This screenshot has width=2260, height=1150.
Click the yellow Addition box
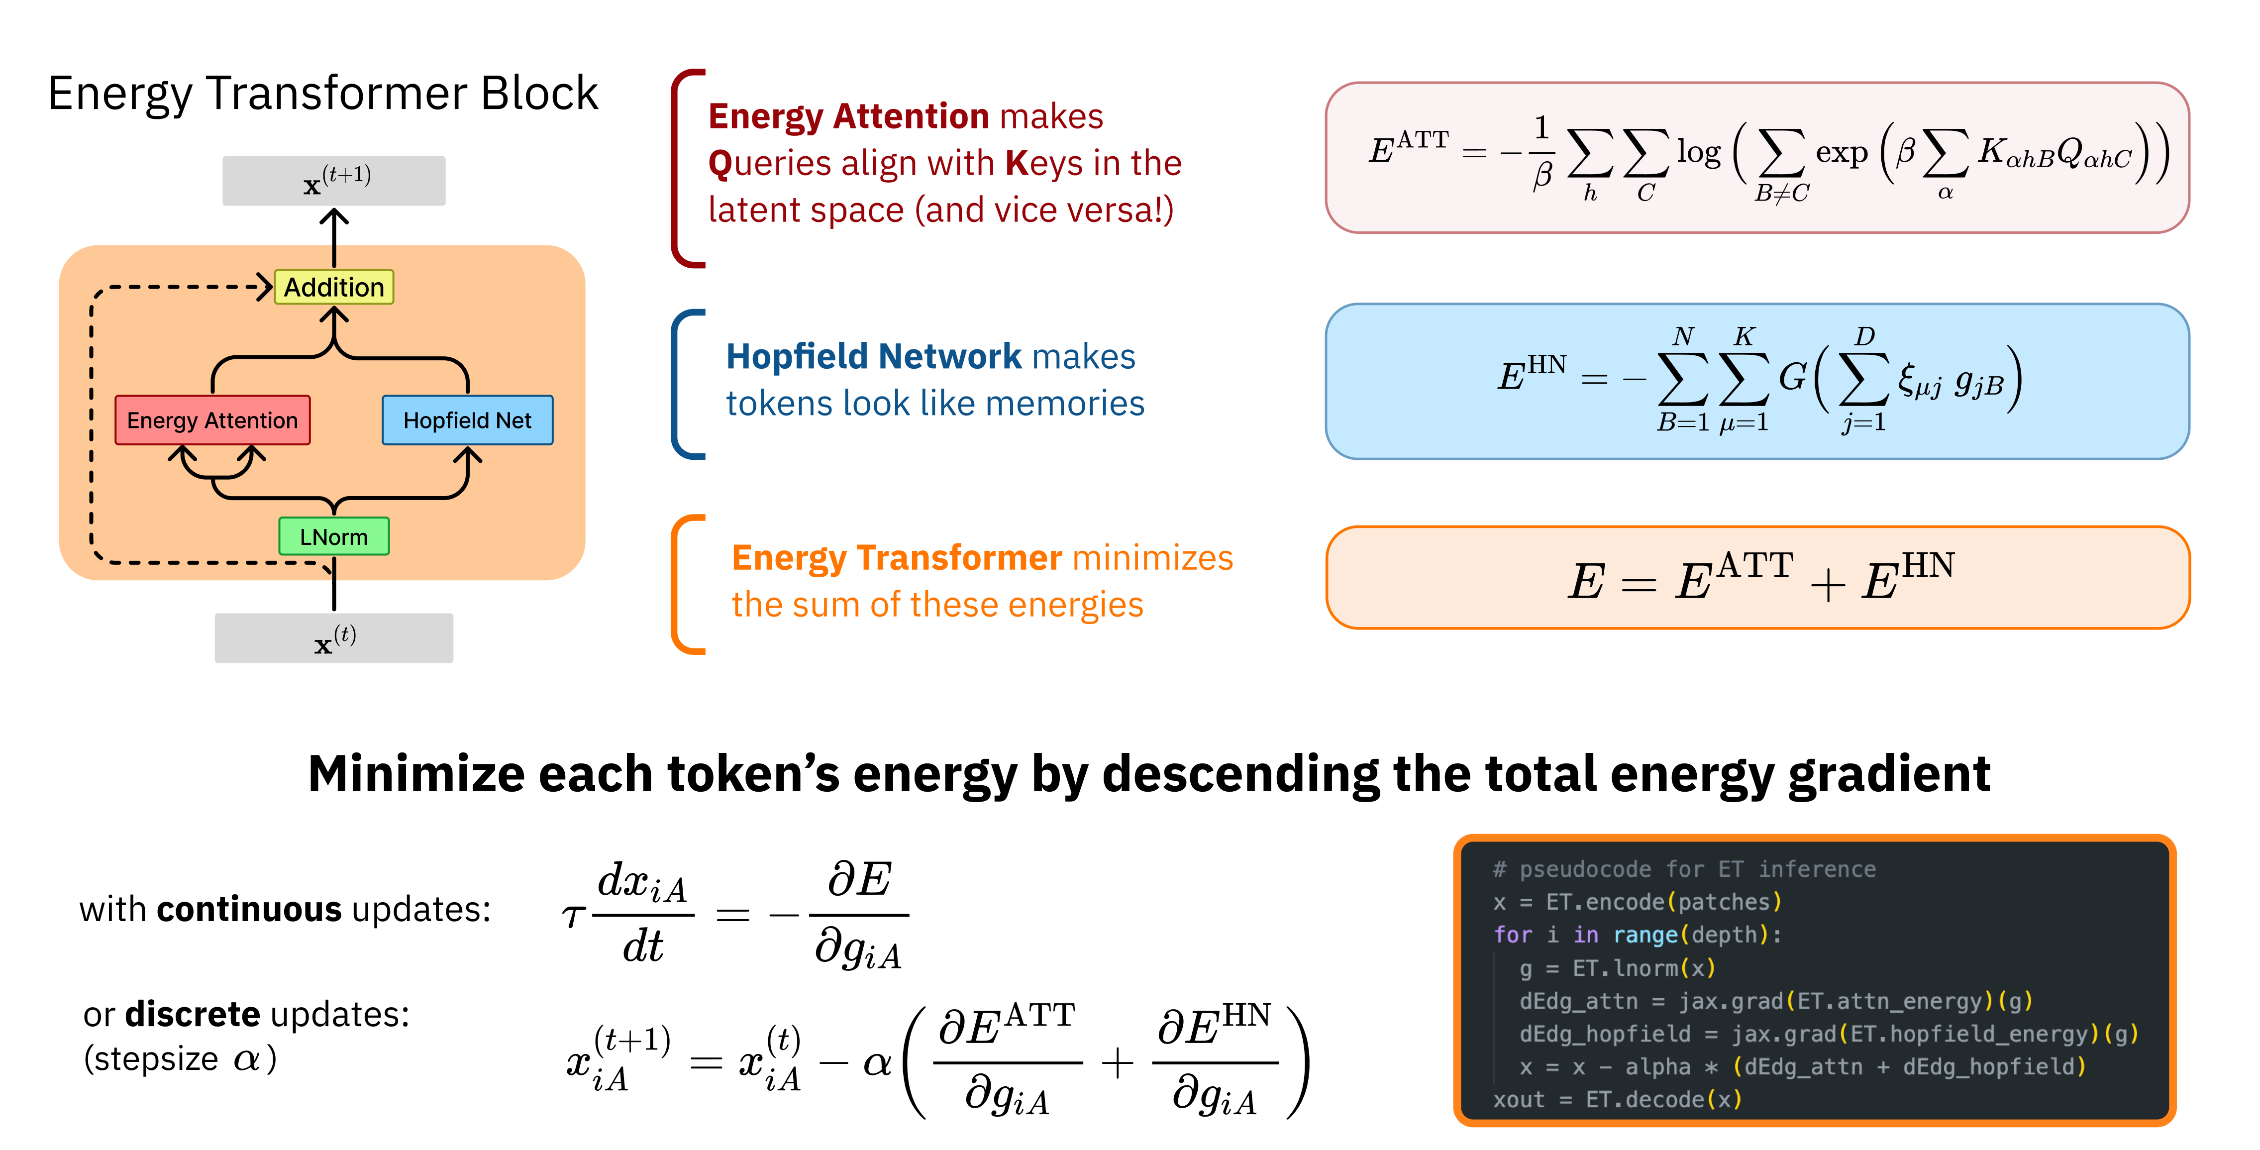click(x=334, y=287)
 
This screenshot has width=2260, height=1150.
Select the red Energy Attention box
click(x=212, y=420)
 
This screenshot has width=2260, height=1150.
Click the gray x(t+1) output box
click(x=333, y=181)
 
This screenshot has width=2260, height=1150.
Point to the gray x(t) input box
click(x=333, y=638)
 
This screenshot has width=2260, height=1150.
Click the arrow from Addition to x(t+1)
click(x=334, y=237)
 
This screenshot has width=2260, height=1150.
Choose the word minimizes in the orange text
click(x=1153, y=558)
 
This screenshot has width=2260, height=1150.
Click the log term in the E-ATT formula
click(x=1699, y=153)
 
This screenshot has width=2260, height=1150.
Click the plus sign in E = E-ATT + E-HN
click(x=1828, y=583)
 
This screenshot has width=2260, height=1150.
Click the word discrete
click(x=192, y=1015)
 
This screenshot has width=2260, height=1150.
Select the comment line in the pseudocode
click(x=1684, y=869)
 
